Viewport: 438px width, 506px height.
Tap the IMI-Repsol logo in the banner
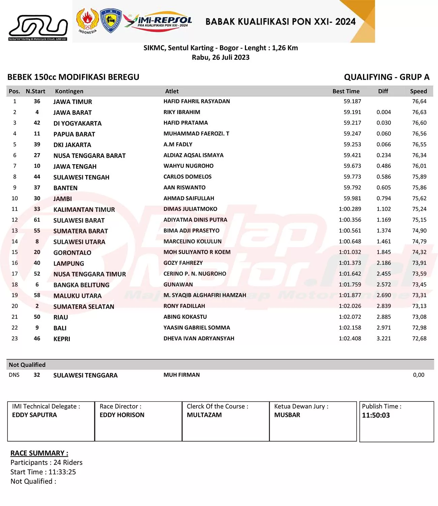[x=158, y=21]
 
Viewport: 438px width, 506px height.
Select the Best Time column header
[x=346, y=91]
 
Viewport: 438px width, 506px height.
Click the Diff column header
[x=383, y=91]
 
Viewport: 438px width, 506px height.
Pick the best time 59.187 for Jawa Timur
[x=352, y=101]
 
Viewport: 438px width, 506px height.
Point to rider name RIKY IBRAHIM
[x=182, y=112]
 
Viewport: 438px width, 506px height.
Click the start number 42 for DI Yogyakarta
[x=37, y=123]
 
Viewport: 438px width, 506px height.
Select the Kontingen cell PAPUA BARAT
[x=74, y=134]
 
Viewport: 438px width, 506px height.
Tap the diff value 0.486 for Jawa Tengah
[x=384, y=166]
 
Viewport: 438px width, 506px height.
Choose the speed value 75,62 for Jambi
[x=419, y=198]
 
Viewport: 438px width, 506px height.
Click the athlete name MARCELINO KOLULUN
[x=192, y=242]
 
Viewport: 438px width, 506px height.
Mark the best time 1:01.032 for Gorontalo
[x=350, y=252]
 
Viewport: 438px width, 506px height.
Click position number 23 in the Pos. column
[x=14, y=338]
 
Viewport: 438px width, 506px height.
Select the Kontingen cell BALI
[x=60, y=328]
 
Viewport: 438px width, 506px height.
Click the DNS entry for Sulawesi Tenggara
[x=14, y=375]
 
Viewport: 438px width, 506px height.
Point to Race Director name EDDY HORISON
[x=122, y=415]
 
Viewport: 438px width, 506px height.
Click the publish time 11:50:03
[x=376, y=415]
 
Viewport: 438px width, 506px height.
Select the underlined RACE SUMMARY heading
[x=39, y=453]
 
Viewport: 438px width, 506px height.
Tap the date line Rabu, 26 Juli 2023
[x=221, y=57]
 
